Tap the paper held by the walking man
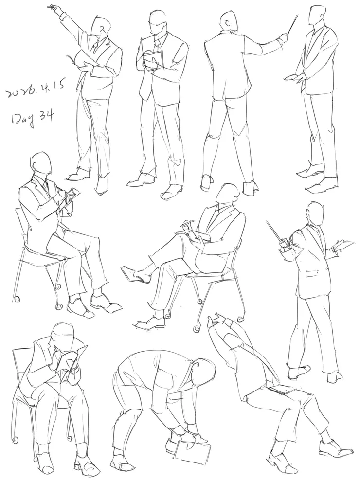[342, 245]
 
